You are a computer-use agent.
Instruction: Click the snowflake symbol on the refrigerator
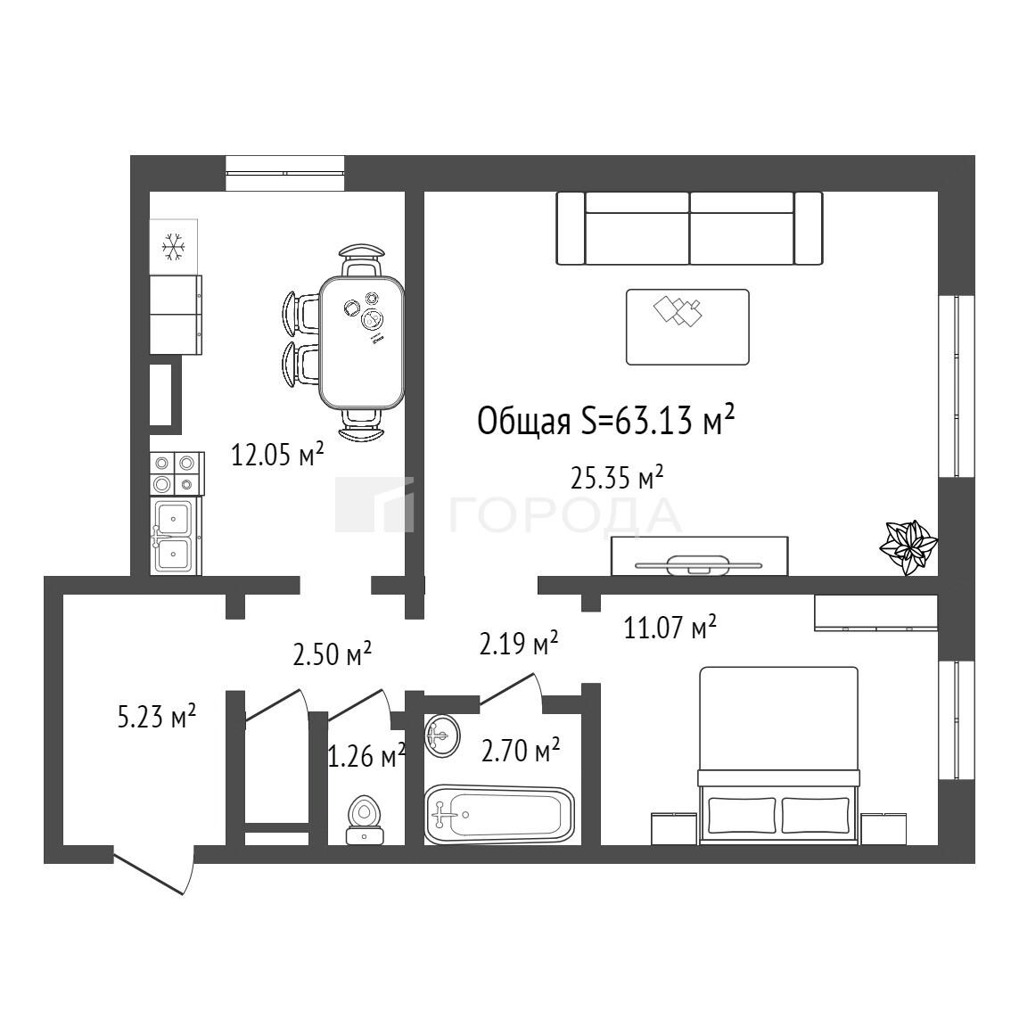[174, 247]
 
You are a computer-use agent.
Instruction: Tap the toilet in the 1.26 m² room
[365, 820]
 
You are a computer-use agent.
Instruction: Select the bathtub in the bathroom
[499, 814]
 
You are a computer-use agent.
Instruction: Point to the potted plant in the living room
[908, 547]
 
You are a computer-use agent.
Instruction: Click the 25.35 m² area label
[617, 479]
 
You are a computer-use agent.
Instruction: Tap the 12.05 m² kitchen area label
[277, 455]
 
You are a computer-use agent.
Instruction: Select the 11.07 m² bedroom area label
[670, 627]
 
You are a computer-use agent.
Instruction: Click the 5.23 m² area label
[157, 718]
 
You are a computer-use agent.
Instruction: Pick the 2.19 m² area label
[519, 644]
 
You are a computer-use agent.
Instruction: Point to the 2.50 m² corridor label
[332, 653]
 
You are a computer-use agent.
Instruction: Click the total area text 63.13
[656, 421]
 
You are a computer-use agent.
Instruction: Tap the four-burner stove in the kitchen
[177, 473]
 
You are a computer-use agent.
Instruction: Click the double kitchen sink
[174, 536]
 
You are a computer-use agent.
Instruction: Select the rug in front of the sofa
[687, 327]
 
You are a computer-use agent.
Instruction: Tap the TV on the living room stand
[699, 565]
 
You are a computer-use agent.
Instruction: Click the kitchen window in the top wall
[284, 173]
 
